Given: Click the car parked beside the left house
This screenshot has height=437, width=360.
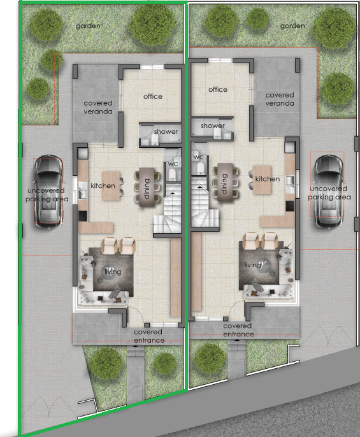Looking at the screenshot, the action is click(48, 191).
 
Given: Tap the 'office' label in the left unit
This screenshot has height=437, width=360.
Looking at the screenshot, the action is click(153, 96).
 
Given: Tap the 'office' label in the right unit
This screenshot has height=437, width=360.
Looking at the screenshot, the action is click(218, 89).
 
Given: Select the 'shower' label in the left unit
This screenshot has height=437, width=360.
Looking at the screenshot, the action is click(166, 131).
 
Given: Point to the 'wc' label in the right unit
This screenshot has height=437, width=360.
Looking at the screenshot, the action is click(199, 157).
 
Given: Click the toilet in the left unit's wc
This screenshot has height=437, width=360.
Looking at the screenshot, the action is click(172, 175).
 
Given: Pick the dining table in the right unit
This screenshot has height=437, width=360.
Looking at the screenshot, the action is click(225, 182).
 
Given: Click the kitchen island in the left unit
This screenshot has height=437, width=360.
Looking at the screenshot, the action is click(111, 186).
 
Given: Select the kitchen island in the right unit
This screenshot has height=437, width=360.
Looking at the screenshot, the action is click(262, 180).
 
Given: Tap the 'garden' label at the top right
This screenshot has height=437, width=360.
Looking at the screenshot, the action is click(292, 26).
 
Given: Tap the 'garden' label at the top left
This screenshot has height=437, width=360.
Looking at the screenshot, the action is click(88, 26).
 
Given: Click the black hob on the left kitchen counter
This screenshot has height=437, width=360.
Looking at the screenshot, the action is click(83, 216).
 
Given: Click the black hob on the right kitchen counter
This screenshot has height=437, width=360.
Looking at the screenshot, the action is click(290, 206).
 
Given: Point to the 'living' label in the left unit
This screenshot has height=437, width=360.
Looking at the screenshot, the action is click(113, 271).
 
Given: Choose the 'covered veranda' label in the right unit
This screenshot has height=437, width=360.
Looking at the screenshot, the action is click(280, 99).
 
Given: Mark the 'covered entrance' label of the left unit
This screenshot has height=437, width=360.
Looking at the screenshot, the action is click(149, 336).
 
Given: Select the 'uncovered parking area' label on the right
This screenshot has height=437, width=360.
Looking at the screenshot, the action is click(329, 193).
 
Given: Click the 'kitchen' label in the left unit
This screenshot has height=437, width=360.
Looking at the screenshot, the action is click(103, 185).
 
